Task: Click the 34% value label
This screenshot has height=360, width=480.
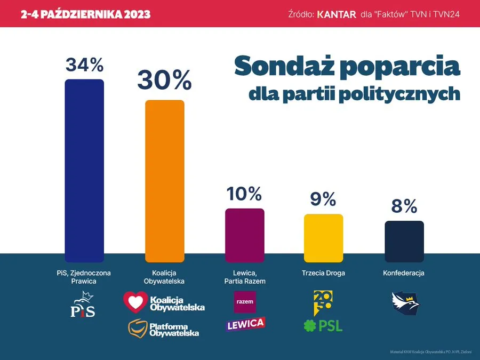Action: (x=84, y=65)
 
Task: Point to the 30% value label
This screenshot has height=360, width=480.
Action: (x=164, y=81)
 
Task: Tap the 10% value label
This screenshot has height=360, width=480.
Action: (x=244, y=194)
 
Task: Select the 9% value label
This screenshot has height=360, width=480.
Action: (x=323, y=199)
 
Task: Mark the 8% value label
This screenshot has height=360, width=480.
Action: (x=404, y=206)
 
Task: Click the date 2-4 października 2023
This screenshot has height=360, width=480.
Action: (x=85, y=14)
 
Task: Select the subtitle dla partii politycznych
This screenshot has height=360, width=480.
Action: (x=354, y=94)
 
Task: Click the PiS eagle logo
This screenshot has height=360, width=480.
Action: (x=83, y=305)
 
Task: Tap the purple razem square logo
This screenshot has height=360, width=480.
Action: (x=245, y=302)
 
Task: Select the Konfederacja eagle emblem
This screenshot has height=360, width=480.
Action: (x=405, y=302)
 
